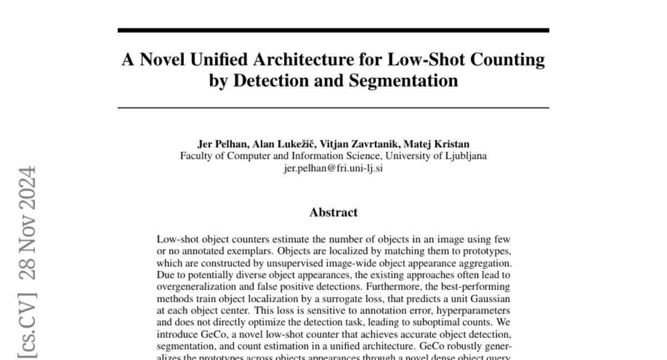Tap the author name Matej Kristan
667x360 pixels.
(x=438, y=144)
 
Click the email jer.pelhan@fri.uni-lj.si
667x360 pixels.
(x=333, y=167)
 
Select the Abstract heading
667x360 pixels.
(x=333, y=212)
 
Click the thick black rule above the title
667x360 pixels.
(x=333, y=31)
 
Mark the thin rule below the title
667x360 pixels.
(x=333, y=107)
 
